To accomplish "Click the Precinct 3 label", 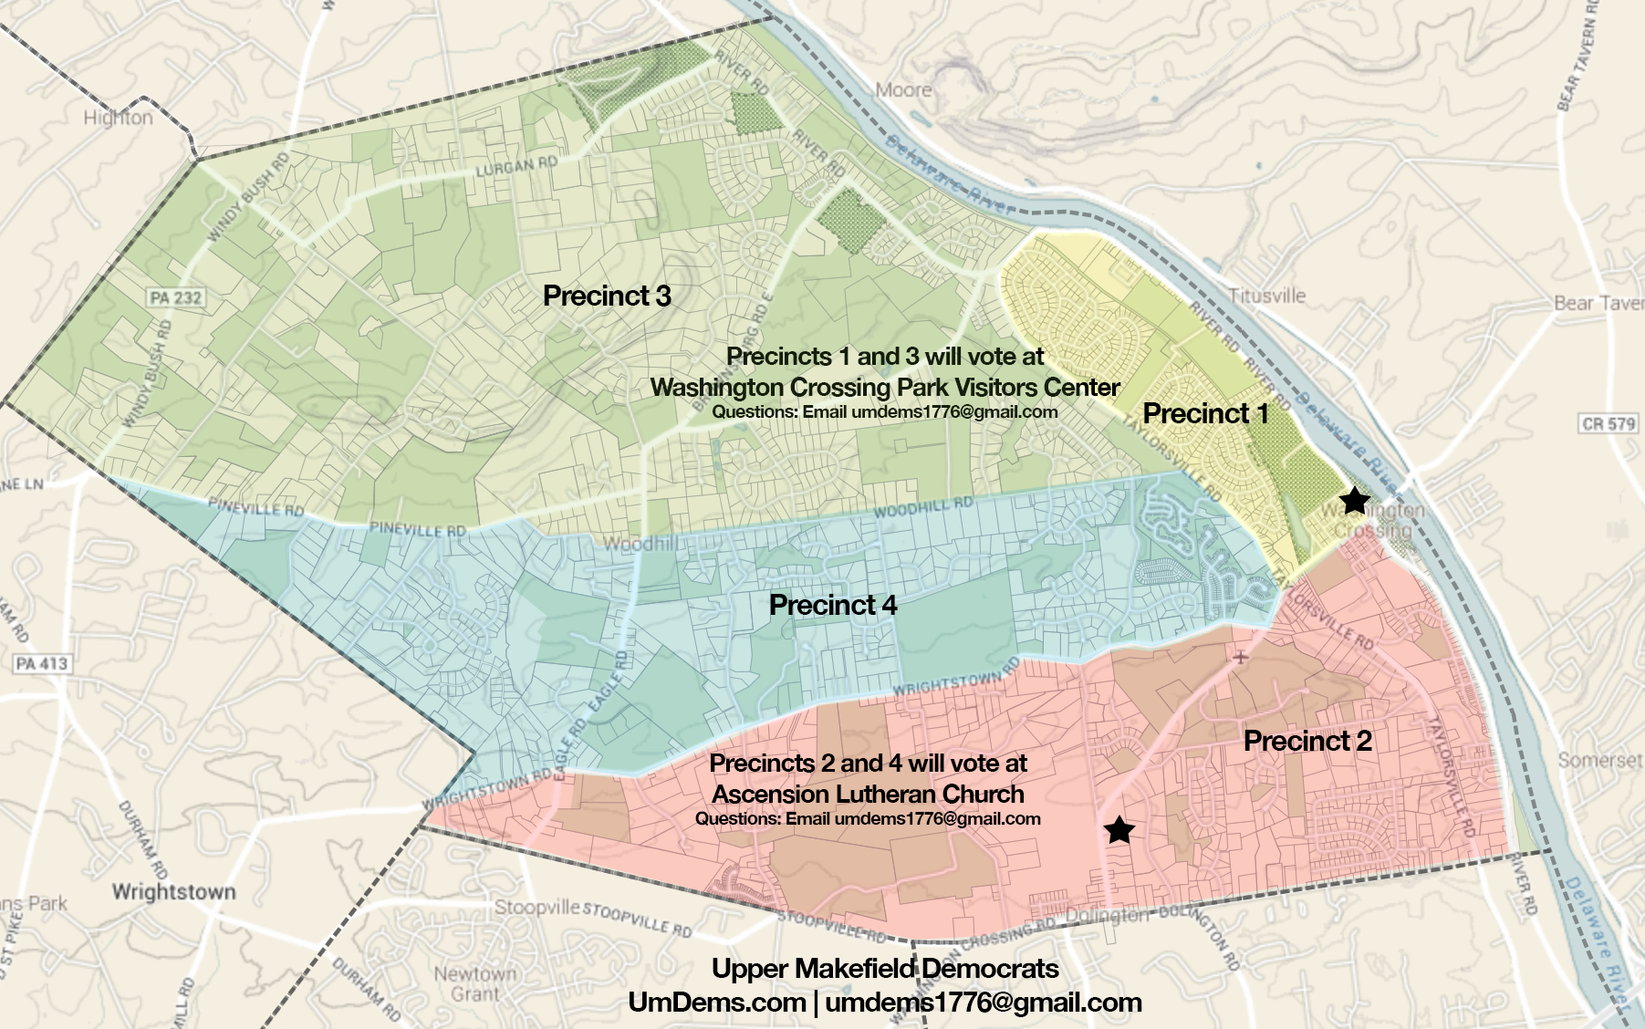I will (607, 296).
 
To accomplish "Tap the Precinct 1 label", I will (1205, 413).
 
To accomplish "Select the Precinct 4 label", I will (833, 605).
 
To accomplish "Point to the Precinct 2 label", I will (1307, 741).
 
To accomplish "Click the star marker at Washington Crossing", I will (1355, 500).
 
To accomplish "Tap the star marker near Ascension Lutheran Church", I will (1119, 830).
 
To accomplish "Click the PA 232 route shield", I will (175, 297).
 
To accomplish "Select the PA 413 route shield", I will (42, 663).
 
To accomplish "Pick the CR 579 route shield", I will (1609, 423).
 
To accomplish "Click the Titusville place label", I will (1266, 296).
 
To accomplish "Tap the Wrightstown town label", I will (173, 891).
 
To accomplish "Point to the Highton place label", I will (118, 118).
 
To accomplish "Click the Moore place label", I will (903, 89).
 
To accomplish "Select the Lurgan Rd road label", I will (516, 167).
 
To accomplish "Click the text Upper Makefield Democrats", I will (885, 968).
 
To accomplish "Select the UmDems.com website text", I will (716, 1002).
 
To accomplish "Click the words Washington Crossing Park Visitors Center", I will (884, 387).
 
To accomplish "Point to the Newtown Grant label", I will (475, 983).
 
